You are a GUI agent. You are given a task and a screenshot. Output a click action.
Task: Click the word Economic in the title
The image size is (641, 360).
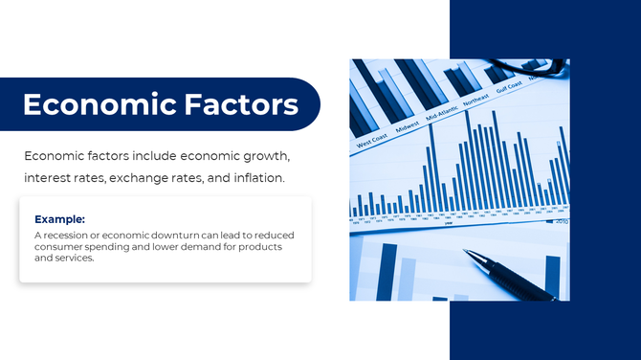(x=90, y=104)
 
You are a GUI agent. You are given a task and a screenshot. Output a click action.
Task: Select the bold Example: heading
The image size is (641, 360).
(x=59, y=218)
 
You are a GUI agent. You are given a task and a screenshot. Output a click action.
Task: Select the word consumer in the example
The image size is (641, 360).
(x=60, y=247)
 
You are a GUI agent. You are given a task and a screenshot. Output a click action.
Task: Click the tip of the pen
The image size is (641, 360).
(x=467, y=253)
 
